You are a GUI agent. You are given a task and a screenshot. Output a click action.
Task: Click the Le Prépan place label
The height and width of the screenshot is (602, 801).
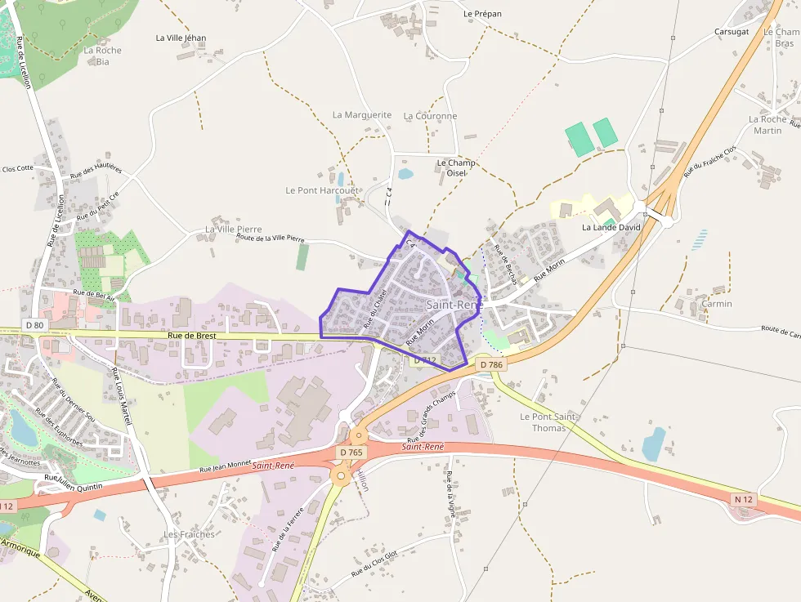(482, 14)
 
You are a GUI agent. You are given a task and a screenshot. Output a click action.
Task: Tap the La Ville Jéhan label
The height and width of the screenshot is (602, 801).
(181, 38)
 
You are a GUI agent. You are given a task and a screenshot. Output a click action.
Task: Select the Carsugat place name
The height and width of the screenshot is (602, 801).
(732, 32)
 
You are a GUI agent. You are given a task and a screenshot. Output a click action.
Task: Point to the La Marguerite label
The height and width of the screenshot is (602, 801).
(362, 115)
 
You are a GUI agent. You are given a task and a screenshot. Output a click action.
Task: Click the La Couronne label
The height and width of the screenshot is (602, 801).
(430, 116)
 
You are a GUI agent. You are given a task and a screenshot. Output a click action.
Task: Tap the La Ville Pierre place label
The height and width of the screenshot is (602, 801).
(233, 230)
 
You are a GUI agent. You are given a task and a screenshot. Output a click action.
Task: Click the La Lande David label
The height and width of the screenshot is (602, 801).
(611, 227)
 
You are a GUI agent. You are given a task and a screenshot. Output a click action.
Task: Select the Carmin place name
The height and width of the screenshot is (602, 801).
(717, 304)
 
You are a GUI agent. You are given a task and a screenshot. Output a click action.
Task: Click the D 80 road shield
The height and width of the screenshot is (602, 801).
(34, 325)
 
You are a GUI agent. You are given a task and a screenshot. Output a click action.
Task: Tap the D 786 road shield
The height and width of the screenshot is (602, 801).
(491, 364)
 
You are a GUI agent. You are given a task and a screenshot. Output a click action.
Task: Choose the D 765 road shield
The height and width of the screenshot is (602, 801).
(351, 453)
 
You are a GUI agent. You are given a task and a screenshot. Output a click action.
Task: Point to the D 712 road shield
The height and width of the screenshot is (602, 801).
(425, 359)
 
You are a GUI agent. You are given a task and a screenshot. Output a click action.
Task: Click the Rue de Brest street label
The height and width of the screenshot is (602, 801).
(191, 336)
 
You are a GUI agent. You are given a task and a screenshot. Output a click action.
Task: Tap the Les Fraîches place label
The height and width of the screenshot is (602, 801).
(189, 534)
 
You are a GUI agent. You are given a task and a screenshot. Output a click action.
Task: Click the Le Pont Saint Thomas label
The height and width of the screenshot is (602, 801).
(548, 422)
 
